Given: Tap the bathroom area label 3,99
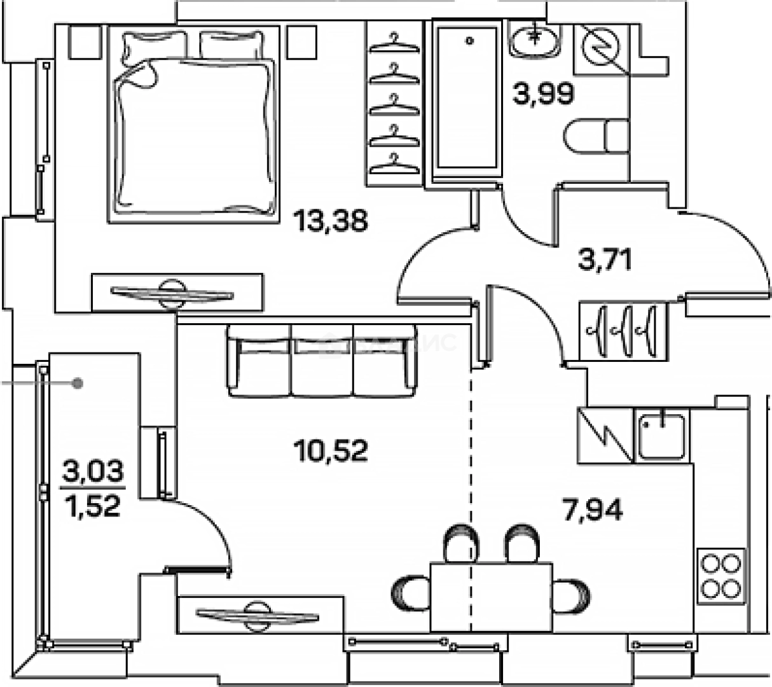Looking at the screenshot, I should [543, 94].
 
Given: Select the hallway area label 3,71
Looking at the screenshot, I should [605, 260].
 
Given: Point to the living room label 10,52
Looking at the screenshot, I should [331, 451].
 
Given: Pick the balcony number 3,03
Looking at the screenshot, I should [93, 471].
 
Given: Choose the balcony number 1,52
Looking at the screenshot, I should [93, 506].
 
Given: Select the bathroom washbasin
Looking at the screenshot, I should [534, 39].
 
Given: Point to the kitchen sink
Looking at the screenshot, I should [662, 436].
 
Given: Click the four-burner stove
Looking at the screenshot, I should [720, 576].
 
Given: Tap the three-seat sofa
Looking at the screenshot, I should [322, 361].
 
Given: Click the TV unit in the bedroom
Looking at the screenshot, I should [177, 293].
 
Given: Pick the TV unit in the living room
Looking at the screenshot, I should [257, 615].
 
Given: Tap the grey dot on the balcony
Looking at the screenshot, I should [78, 383].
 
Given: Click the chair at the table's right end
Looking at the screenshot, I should [571, 595].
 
